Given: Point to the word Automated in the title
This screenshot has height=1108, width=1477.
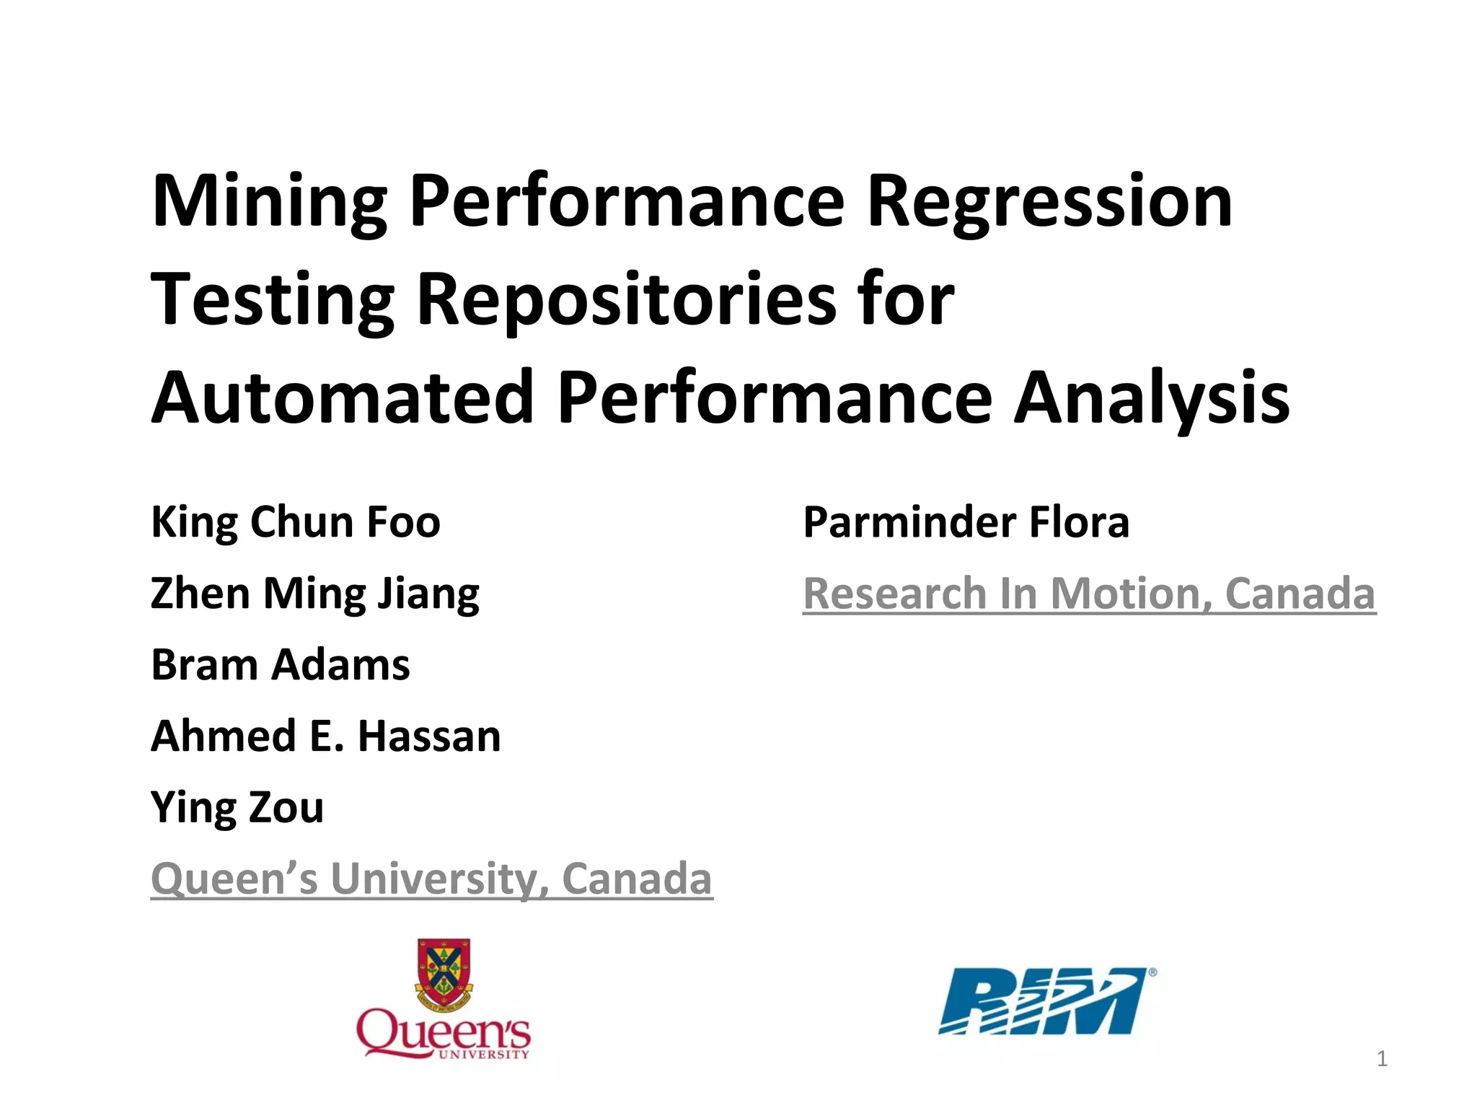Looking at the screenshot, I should (x=343, y=397).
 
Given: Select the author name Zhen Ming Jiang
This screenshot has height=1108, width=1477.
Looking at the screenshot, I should (x=315, y=594).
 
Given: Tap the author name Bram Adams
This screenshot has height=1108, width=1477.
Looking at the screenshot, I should (x=281, y=664).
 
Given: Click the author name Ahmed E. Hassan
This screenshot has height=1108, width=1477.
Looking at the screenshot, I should (x=326, y=736).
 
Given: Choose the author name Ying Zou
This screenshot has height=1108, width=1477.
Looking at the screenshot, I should (x=237, y=807).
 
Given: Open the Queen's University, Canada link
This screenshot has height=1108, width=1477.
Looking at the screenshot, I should (x=432, y=879).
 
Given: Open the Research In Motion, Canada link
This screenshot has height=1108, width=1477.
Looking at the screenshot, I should (x=1090, y=594).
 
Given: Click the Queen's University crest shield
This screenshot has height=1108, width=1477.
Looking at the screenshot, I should (x=444, y=970).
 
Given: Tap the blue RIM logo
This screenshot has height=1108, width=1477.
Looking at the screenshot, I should (x=1046, y=1001).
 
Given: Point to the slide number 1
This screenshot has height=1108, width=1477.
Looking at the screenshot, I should (x=1382, y=1059).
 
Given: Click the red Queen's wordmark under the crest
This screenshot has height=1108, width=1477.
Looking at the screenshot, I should (x=444, y=1033).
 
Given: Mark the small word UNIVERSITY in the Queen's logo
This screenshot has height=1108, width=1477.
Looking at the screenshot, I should (x=484, y=1055).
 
